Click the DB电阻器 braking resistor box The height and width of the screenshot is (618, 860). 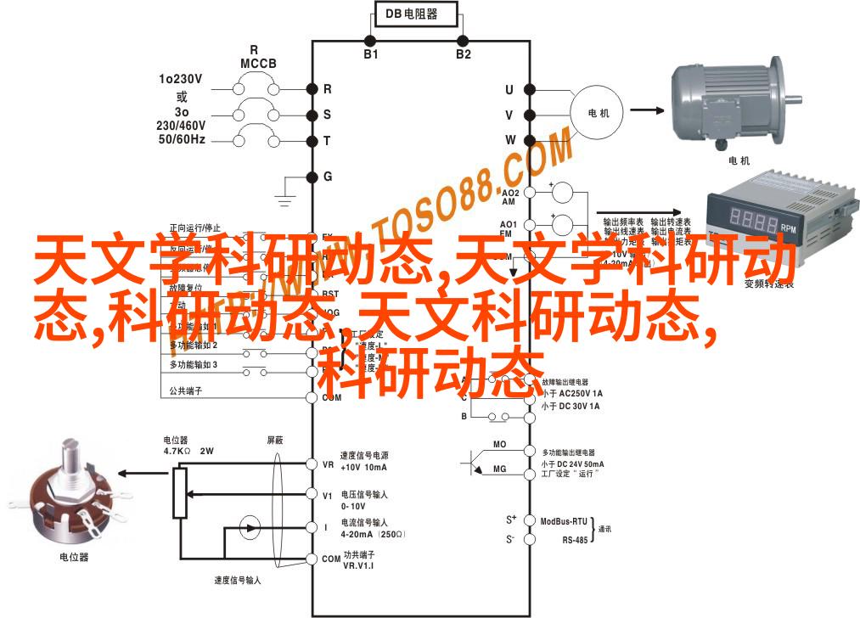click(416, 15)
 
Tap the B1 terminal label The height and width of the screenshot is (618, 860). click(370, 53)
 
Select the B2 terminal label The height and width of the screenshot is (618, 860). click(463, 53)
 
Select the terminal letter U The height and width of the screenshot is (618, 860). click(509, 89)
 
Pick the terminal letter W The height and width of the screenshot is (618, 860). click(510, 139)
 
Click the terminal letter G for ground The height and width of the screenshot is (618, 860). click(327, 177)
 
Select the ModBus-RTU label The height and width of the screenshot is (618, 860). click(563, 520)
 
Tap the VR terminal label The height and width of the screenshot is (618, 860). click(328, 464)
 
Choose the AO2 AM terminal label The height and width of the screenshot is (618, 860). click(509, 198)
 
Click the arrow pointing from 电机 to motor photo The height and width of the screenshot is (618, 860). click(647, 110)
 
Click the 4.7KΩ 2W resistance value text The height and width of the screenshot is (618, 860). click(188, 452)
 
